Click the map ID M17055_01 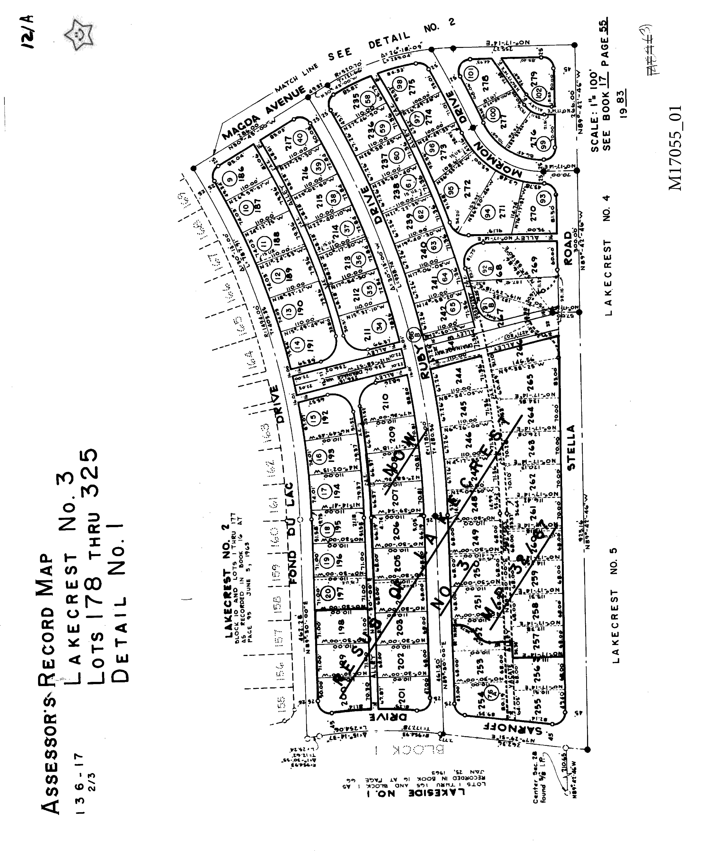(675, 148)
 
